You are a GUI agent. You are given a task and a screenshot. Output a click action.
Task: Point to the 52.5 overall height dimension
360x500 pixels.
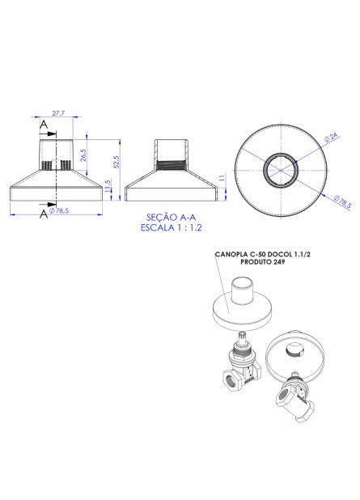tap(115, 162)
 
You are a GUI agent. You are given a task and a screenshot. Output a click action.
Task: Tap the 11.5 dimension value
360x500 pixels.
tap(108, 187)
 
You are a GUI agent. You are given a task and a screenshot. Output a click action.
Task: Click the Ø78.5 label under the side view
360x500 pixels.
tap(58, 211)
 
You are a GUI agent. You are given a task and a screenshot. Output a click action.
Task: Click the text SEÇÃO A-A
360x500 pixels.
tap(171, 217)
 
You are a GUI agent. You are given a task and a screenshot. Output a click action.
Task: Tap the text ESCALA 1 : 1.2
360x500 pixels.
tap(171, 227)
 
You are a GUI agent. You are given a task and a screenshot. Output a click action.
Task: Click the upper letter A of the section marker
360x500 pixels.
tap(43, 125)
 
